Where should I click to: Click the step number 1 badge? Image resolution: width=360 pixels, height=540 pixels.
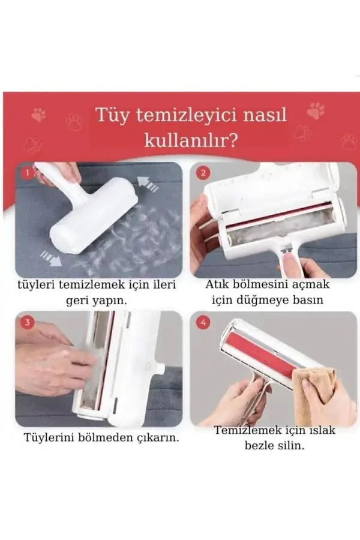click(x=27, y=173)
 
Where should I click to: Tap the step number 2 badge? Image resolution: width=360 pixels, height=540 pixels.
click(x=203, y=173)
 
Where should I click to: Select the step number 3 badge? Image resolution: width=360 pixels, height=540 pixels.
click(x=27, y=322)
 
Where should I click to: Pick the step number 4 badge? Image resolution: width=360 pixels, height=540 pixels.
click(x=203, y=322)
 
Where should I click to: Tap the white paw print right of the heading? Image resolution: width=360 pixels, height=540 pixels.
click(x=316, y=110)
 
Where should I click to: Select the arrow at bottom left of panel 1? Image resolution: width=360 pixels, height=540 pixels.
click(x=50, y=258)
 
